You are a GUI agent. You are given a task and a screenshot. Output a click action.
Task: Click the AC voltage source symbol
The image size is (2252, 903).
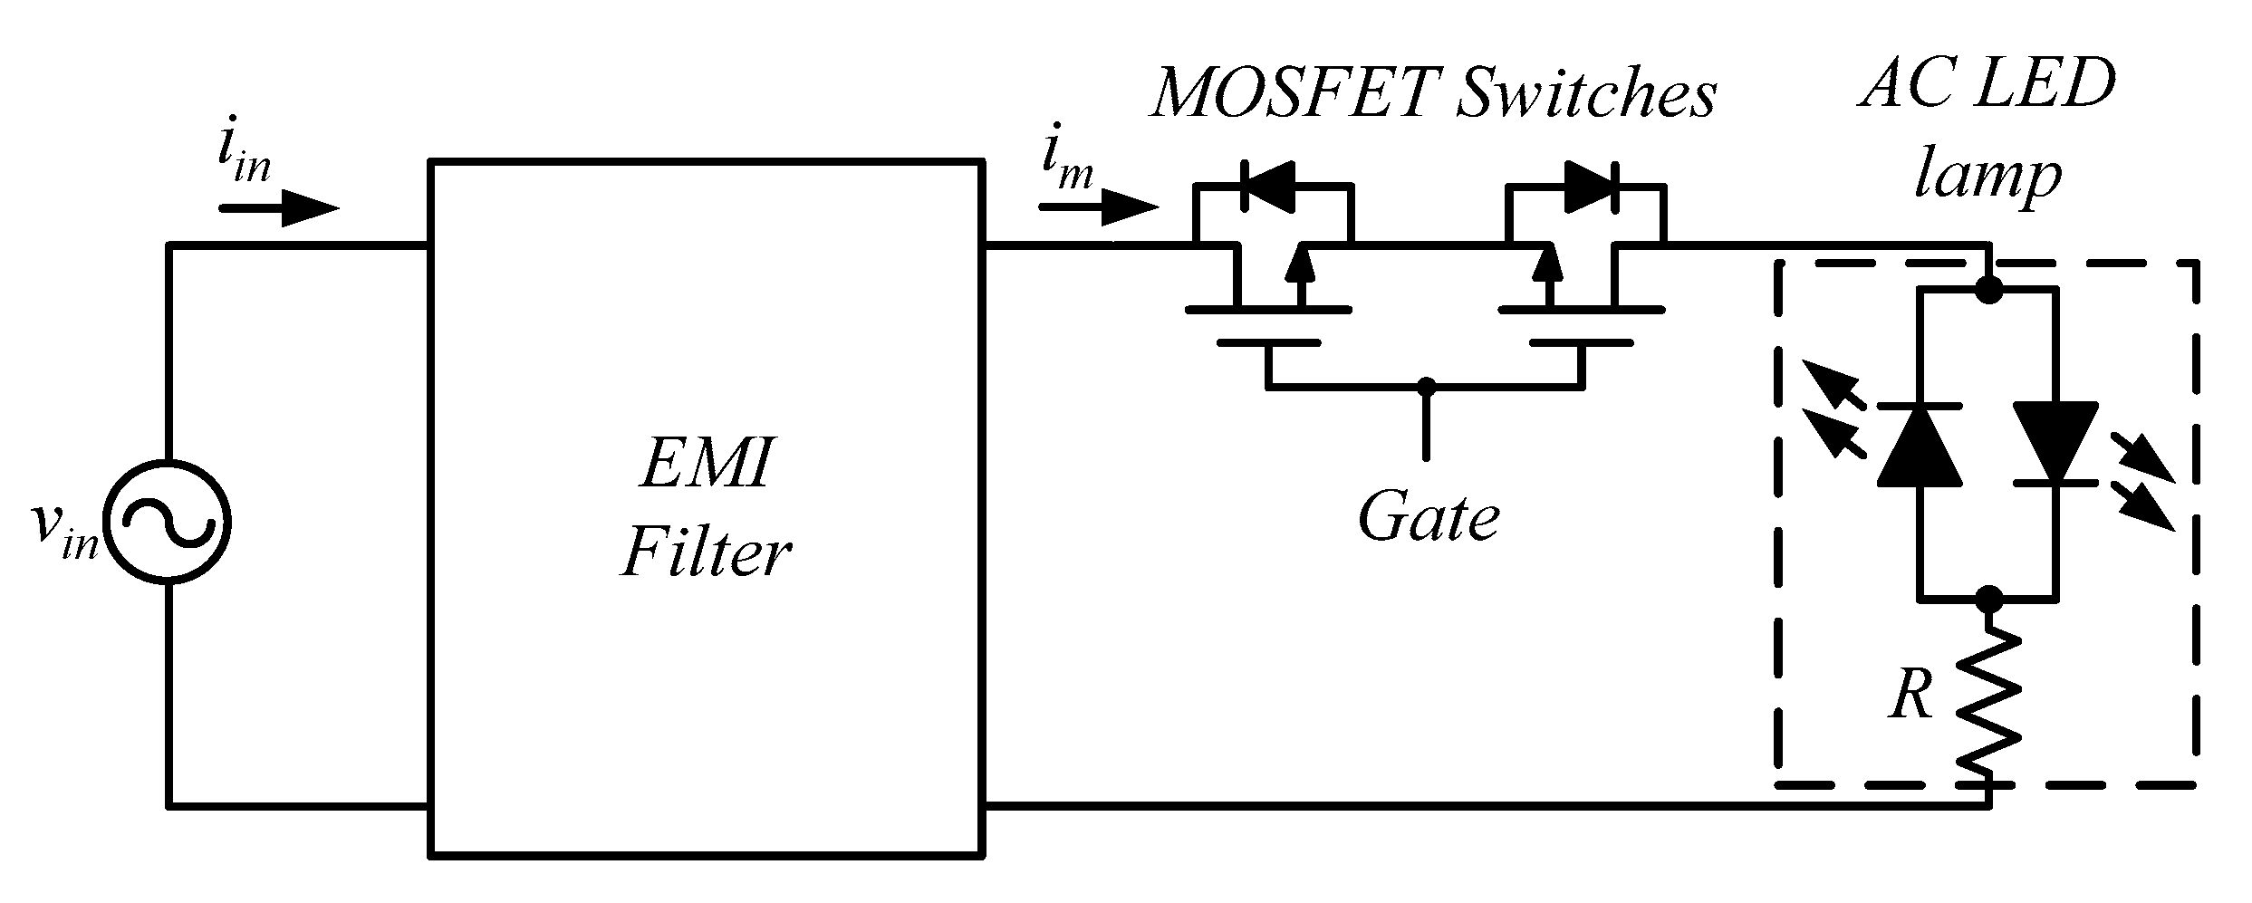click(x=167, y=523)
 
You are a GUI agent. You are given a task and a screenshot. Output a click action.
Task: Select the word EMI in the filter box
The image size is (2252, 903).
click(x=707, y=462)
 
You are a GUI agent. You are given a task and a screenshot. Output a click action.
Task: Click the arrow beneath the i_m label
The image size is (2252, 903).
click(x=1099, y=208)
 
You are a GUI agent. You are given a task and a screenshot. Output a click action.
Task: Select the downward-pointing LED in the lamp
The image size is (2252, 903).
click(x=2055, y=444)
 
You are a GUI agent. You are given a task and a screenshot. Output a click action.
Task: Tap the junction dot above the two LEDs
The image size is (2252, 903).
click(x=1989, y=290)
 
